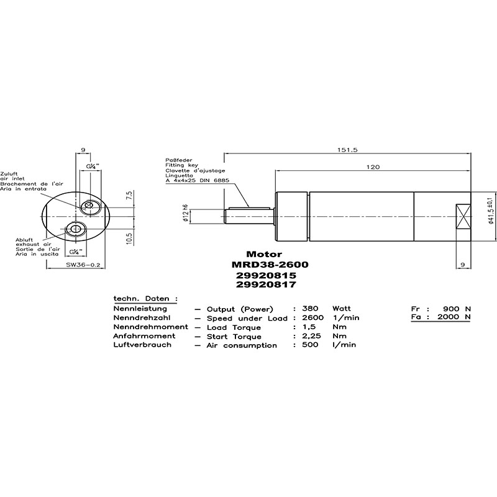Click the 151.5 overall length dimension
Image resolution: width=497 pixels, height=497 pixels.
pyautogui.click(x=347, y=150)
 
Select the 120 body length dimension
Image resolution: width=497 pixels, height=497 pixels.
pyautogui.click(x=373, y=167)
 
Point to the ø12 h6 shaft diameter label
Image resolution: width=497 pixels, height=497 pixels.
pyautogui.click(x=185, y=213)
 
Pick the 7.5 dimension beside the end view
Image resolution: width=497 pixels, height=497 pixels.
pyautogui.click(x=129, y=195)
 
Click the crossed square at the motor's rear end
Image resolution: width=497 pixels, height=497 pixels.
pyautogui.click(x=463, y=216)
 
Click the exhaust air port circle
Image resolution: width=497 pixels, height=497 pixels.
pyautogui.click(x=75, y=229)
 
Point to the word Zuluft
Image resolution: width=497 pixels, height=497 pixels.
pyautogui.click(x=9, y=174)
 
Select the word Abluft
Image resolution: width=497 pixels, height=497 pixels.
pyautogui.click(x=24, y=240)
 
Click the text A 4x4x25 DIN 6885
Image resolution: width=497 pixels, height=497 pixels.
pyautogui.click(x=197, y=181)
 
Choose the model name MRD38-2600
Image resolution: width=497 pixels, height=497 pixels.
pyautogui.click(x=270, y=265)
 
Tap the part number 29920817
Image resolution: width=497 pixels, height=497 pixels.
pyautogui.click(x=266, y=285)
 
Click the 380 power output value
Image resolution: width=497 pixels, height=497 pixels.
pyautogui.click(x=310, y=308)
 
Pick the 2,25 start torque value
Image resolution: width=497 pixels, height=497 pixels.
pyautogui.click(x=311, y=336)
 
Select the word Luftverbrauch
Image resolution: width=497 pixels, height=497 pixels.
pyautogui.click(x=142, y=345)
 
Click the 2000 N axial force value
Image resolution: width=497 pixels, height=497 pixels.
pyautogui.click(x=454, y=317)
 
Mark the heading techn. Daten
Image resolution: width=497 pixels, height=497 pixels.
pyautogui.click(x=145, y=299)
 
